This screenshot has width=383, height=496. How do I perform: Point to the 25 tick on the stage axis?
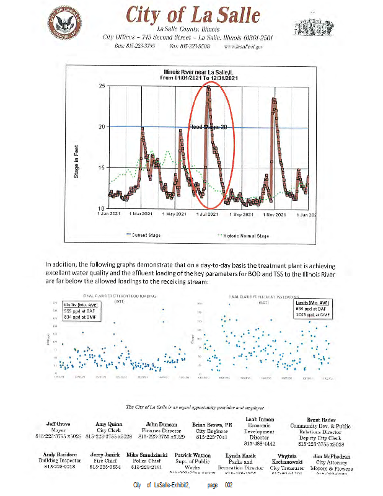[103, 86]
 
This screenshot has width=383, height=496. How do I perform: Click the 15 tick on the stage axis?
[103, 168]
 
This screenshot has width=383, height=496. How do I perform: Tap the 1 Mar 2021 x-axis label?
[141, 215]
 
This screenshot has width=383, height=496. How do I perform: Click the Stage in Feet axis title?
[76, 148]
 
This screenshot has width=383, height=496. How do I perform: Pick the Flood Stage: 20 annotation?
[209, 126]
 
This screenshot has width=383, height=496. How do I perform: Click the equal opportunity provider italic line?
[196, 407]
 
